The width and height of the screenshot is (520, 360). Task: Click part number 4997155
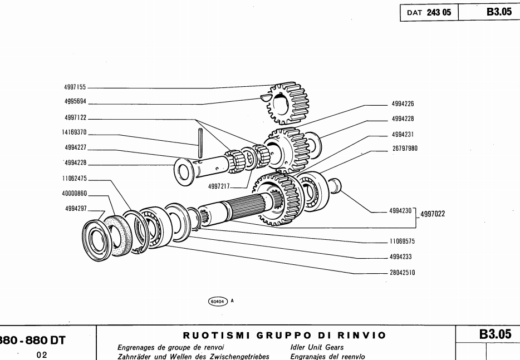coord(75,88)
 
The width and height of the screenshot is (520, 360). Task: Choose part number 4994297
coord(75,210)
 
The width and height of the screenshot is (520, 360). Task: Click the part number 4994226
coord(403,103)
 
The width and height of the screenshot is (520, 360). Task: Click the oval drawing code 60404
coord(217,300)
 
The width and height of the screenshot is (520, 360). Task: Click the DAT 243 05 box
coord(428,13)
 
